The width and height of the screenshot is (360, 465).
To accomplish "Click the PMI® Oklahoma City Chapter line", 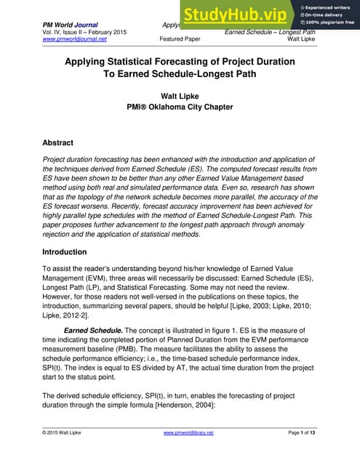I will [x=180, y=108].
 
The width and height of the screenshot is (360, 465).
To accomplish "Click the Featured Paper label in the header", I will [x=180, y=39].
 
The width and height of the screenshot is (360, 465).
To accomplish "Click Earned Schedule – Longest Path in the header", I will [x=270, y=31].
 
